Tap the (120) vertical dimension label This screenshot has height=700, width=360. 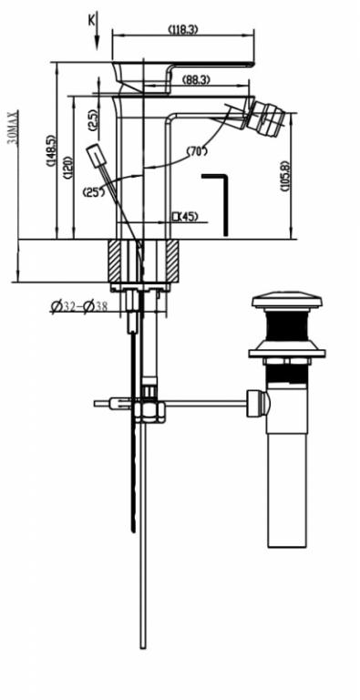point(68,167)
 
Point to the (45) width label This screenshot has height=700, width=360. point(185,216)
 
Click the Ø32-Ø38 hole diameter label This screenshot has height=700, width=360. point(79,307)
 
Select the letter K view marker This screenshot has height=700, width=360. point(91,19)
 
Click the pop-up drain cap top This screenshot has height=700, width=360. point(287,302)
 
